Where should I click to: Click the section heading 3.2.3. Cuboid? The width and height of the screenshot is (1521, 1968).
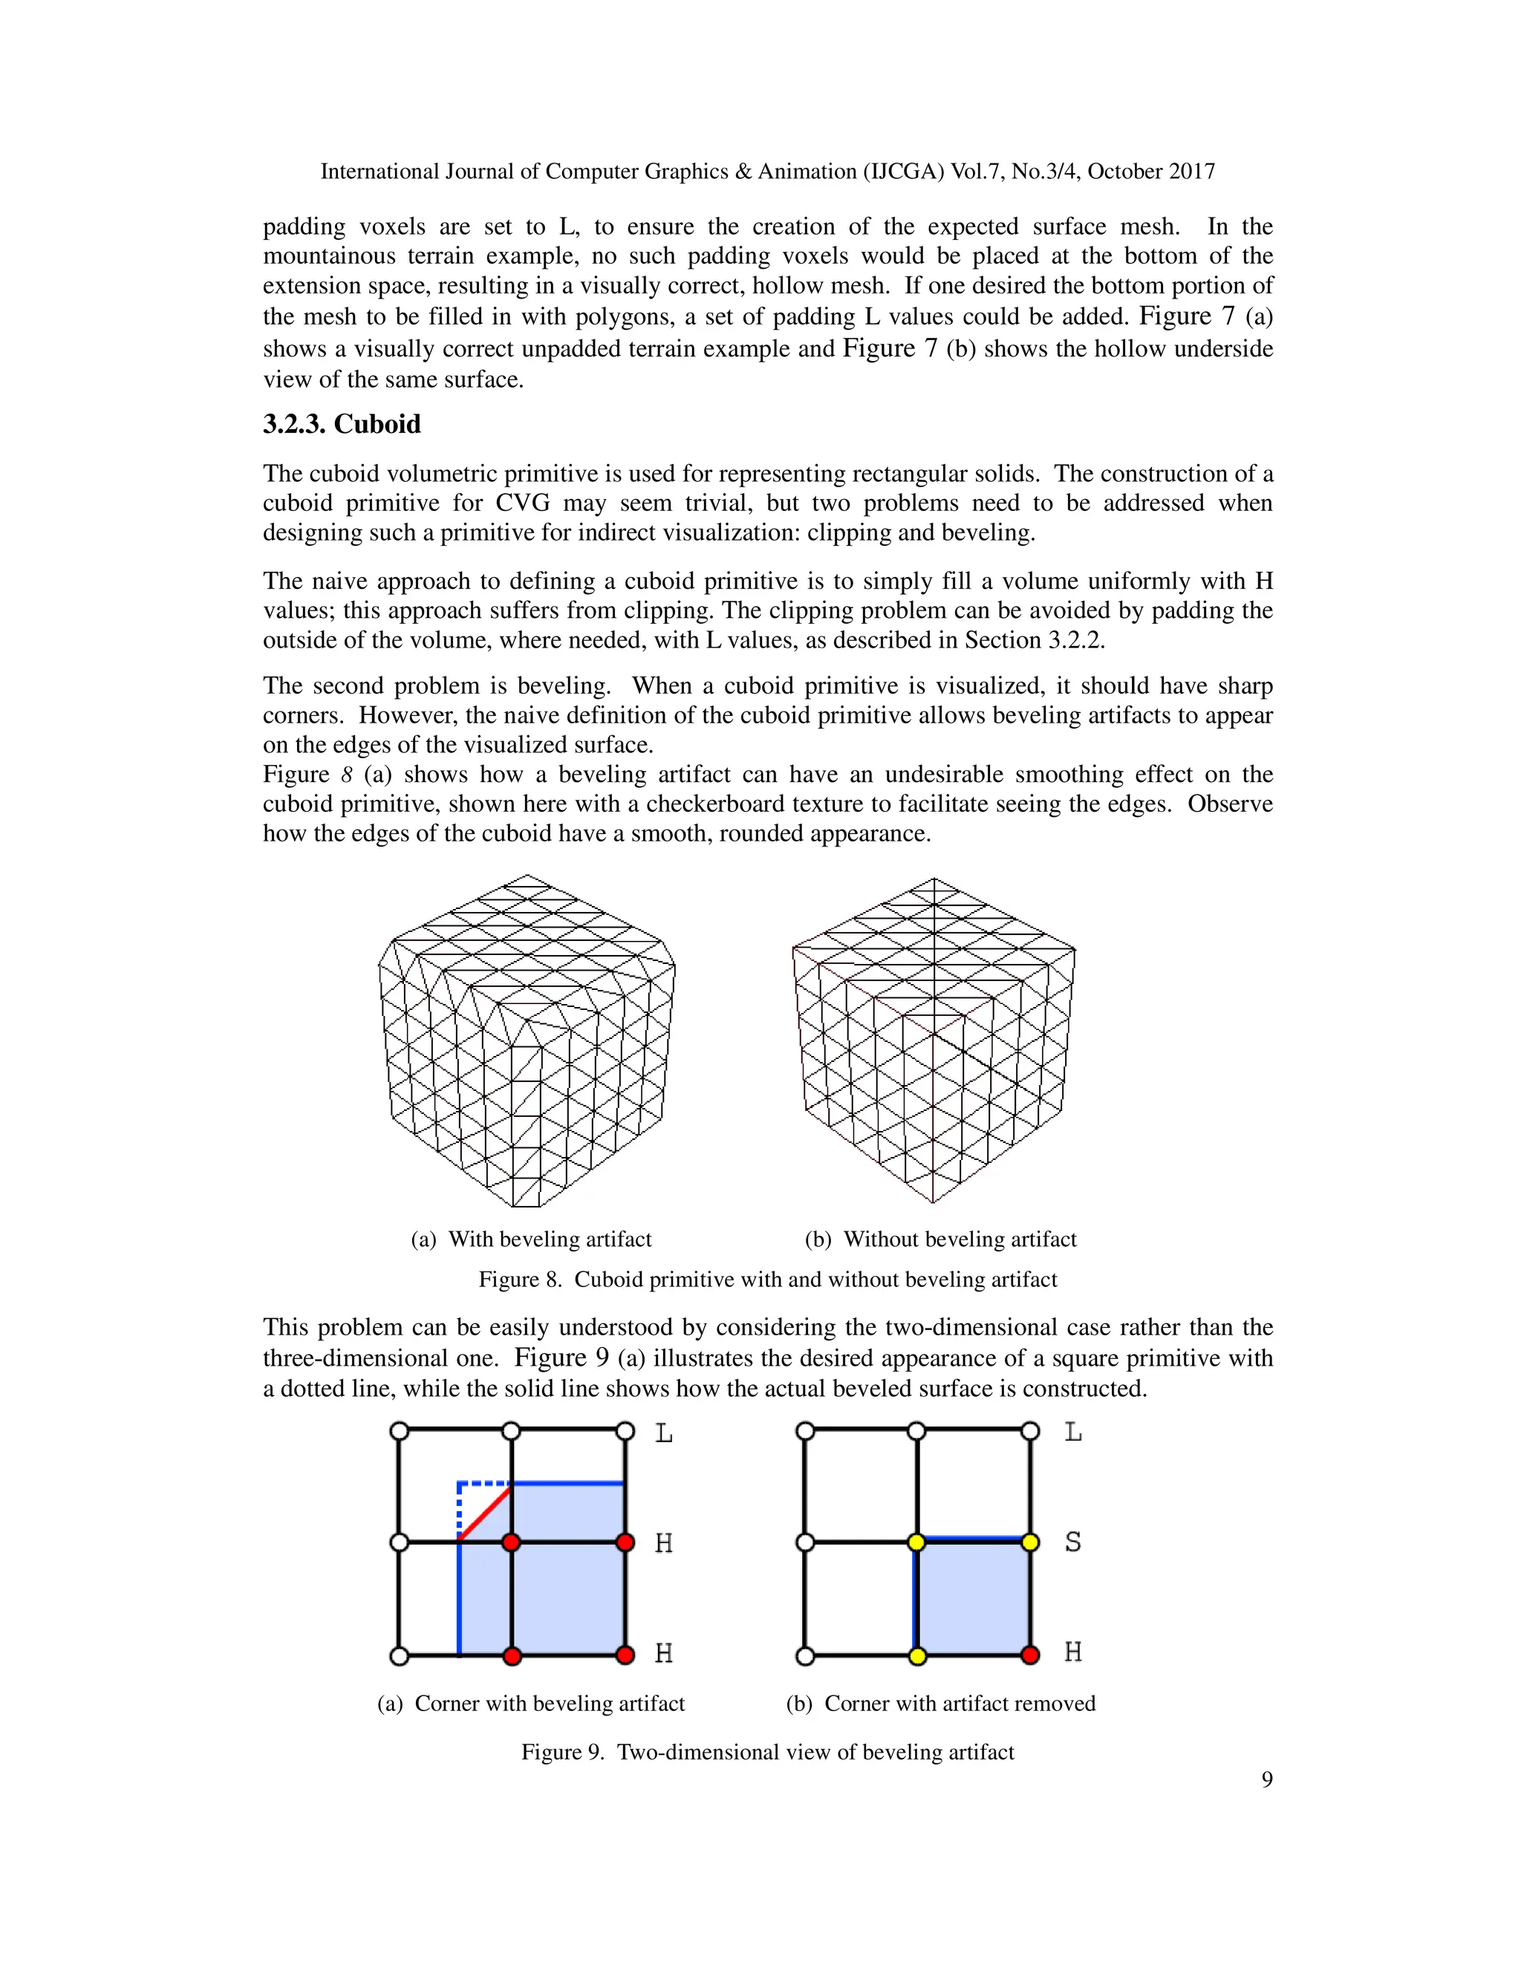pos(342,424)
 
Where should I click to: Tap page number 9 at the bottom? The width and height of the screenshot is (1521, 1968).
pos(1266,1779)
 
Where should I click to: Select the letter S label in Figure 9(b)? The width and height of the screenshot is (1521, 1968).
pos(1072,1542)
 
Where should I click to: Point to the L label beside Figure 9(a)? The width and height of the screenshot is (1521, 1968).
pos(663,1433)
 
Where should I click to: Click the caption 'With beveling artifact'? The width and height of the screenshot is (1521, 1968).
pos(532,1239)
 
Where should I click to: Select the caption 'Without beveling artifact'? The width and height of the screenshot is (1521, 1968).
pos(941,1239)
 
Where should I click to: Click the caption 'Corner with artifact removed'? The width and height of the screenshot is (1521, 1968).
pos(941,1703)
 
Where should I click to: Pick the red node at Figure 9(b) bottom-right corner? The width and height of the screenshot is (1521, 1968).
pos(1031,1655)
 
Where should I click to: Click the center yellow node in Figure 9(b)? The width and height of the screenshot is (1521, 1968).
pos(917,1542)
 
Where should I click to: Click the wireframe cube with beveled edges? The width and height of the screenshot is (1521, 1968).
pos(527,1040)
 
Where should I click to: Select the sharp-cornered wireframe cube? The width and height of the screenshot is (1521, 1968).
pos(934,1040)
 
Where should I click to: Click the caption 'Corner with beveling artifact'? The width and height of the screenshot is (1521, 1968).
pos(532,1703)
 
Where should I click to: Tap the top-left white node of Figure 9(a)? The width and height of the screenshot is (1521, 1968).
pos(399,1431)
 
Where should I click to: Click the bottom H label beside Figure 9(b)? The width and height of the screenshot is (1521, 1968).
pos(1072,1652)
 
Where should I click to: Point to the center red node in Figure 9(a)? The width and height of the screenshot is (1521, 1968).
pos(511,1542)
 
